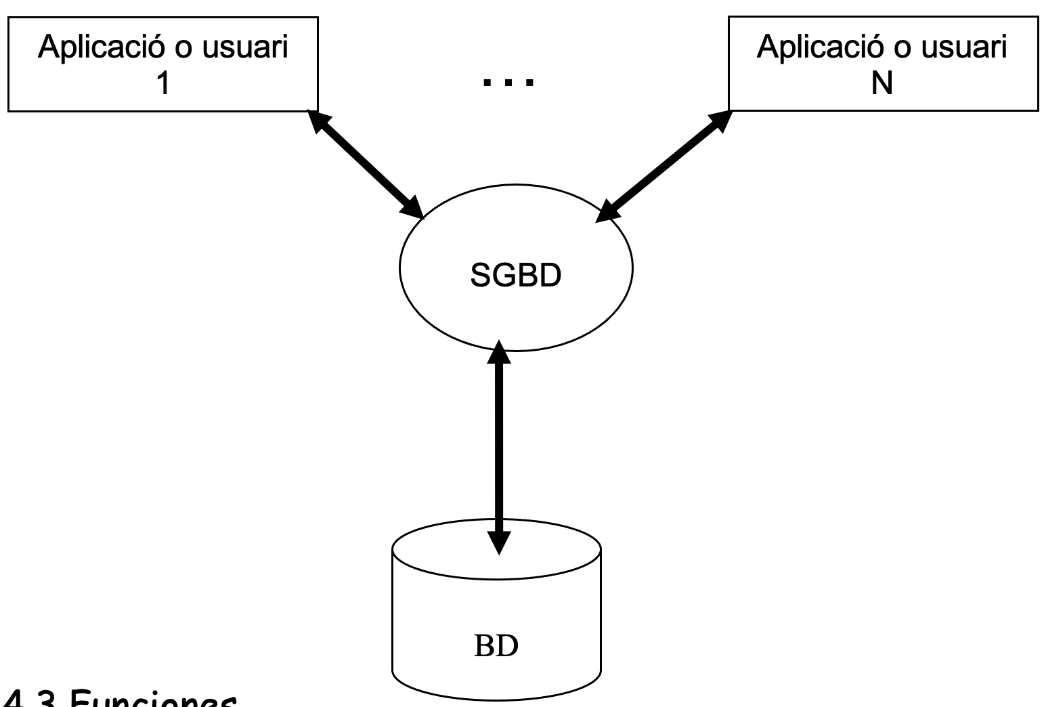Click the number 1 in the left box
pos(162,85)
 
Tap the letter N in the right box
pos(882,85)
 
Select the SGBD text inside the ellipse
pos(516,276)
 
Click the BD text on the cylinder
pos(496,646)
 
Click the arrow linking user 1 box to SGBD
pos(366,164)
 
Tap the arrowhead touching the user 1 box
pos(317,120)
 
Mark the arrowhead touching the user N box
pos(720,121)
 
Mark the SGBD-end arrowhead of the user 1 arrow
pos(412,207)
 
